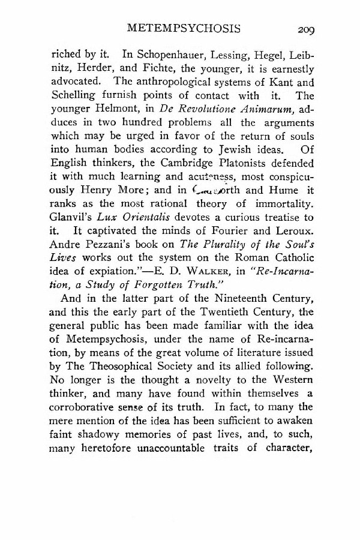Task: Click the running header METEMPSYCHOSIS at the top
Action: click(189, 28)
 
